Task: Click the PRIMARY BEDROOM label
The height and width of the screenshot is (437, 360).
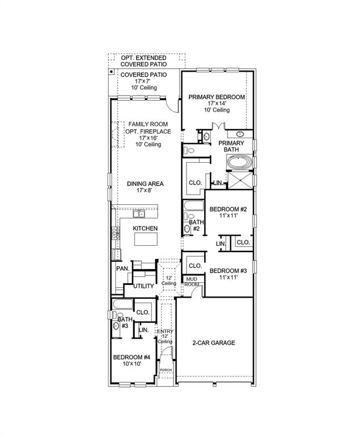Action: (217, 97)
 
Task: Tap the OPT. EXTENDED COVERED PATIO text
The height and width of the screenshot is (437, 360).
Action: (143, 61)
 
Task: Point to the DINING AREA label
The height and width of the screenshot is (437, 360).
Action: (146, 184)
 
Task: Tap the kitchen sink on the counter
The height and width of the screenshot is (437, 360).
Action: (139, 215)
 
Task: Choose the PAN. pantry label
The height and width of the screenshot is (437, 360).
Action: (122, 268)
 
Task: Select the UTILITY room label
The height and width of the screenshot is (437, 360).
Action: (143, 286)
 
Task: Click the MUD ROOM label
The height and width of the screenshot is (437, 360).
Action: (192, 281)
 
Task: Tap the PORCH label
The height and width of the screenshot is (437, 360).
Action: (165, 370)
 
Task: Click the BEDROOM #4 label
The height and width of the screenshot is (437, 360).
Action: (131, 357)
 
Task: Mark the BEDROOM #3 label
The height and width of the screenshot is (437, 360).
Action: (227, 270)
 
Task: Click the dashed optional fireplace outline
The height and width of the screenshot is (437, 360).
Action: (118, 134)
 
